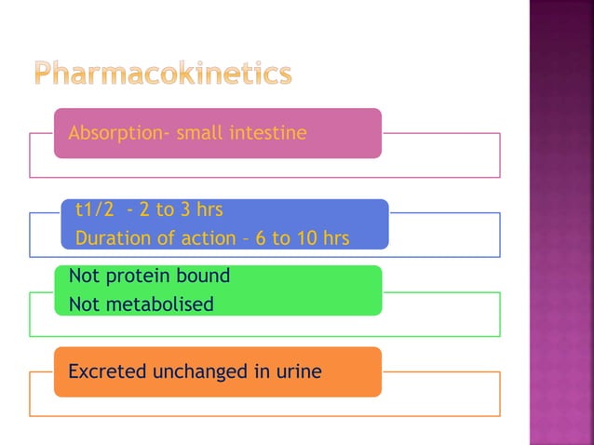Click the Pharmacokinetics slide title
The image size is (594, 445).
(162, 74)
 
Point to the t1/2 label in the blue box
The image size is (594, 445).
(94, 209)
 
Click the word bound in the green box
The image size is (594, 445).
(206, 276)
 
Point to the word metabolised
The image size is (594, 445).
(157, 303)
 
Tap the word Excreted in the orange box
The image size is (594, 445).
(107, 371)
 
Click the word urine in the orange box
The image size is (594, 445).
(299, 371)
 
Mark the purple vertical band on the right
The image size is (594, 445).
(561, 222)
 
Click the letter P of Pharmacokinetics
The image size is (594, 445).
(45, 74)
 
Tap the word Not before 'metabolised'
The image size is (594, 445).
(83, 303)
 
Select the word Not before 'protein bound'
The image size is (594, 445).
(83, 276)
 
